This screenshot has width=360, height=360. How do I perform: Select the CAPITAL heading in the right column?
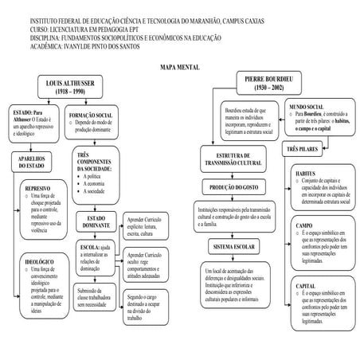pyautogui.click(x=305, y=285)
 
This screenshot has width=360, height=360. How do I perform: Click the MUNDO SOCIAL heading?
pyautogui.click(x=306, y=105)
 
